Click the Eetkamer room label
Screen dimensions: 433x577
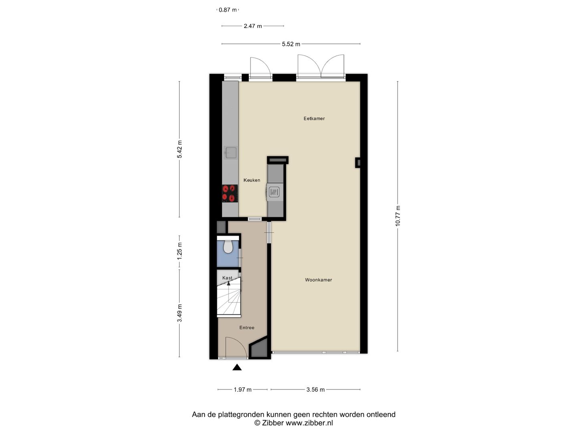(x=314, y=119)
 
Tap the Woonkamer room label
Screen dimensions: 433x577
(x=319, y=280)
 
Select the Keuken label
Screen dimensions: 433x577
(x=252, y=180)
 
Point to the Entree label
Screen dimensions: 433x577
(x=247, y=328)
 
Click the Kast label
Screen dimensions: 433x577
(x=227, y=278)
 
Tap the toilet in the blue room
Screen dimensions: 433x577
(x=228, y=247)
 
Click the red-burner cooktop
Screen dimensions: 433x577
(x=230, y=193)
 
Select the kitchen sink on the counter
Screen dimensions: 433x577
(x=230, y=152)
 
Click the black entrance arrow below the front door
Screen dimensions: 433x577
(x=237, y=367)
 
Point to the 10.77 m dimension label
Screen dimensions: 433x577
(x=398, y=216)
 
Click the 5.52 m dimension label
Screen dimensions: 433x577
(x=291, y=44)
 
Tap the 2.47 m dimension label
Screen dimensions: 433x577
(x=253, y=26)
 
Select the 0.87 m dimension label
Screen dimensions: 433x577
(x=228, y=10)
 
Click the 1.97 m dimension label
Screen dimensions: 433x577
(x=243, y=389)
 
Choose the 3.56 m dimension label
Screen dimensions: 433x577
(x=315, y=389)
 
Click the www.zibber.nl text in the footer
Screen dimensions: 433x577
(x=309, y=423)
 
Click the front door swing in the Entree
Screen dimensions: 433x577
(x=236, y=347)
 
